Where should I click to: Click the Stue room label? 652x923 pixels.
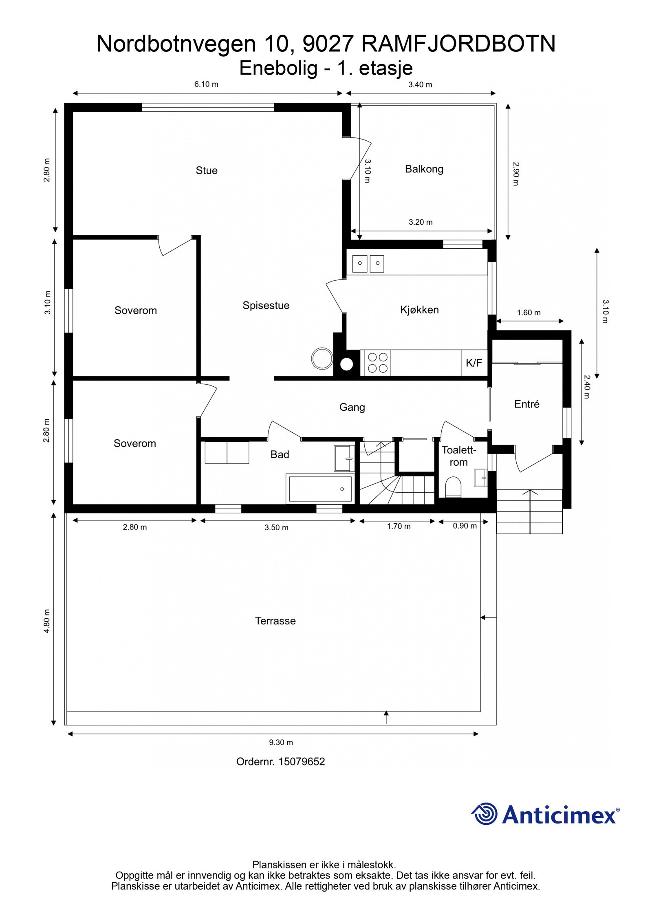(206, 170)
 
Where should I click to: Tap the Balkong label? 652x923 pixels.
(424, 169)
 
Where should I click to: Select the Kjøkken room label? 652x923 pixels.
(419, 310)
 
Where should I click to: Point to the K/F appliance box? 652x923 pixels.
(474, 363)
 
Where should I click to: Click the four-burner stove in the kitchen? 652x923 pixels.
(377, 363)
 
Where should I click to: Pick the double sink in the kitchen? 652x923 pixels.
(368, 263)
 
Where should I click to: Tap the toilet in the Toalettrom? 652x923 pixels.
(453, 487)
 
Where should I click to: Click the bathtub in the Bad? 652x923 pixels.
(320, 489)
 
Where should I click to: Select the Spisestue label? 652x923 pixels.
(266, 305)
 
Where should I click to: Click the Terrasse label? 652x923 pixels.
(275, 621)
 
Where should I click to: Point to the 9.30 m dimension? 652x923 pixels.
(281, 742)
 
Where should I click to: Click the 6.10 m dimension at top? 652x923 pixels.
(206, 84)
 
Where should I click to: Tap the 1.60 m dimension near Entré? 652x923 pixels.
(529, 313)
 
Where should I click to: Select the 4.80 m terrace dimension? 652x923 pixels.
(47, 621)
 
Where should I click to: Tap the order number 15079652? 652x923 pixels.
(301, 761)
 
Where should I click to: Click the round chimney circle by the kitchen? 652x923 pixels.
(346, 364)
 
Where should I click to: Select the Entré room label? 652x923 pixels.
(526, 404)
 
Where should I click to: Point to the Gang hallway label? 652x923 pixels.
(352, 407)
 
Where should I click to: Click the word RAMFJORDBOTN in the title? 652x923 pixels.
(458, 44)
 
